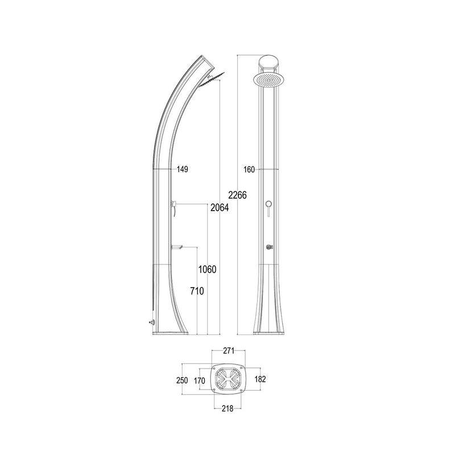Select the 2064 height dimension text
coord(219,208)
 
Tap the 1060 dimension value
coord(208,269)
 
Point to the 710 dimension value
coord(196,291)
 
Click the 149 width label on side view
coord(182,169)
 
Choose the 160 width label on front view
coord(248,169)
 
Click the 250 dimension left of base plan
coord(181,379)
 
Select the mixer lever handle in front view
coord(267,206)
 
